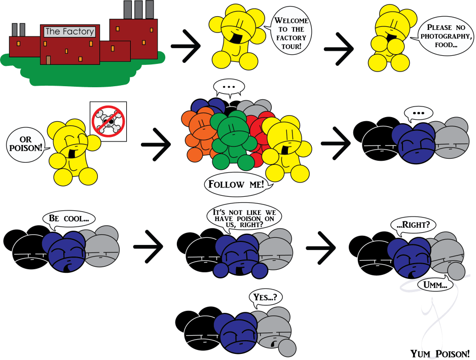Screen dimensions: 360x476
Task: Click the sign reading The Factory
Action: click(x=69, y=31)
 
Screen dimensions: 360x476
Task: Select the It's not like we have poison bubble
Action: click(x=244, y=217)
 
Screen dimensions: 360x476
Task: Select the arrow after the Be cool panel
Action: click(x=148, y=247)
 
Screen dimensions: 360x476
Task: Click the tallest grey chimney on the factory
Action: click(x=127, y=9)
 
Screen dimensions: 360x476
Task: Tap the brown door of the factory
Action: click(x=48, y=60)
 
